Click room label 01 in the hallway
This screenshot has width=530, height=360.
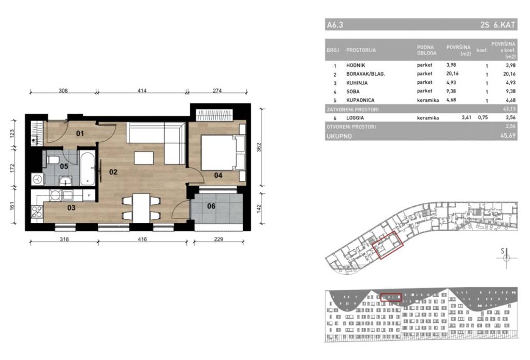click(80, 133)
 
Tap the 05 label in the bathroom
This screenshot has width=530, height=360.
click(64, 166)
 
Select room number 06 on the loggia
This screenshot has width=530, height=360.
click(211, 206)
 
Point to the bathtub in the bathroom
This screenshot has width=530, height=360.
click(87, 169)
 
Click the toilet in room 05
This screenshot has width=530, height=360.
click(53, 159)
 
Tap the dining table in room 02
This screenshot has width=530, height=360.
click(141, 208)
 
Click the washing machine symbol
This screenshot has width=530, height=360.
click(37, 179)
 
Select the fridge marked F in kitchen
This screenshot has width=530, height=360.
click(89, 195)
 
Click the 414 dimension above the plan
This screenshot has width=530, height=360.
click(142, 91)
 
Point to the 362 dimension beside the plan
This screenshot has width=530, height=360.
click(259, 147)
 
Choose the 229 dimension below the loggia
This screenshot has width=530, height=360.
click(219, 239)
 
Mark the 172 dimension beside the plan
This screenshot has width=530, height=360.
click(13, 168)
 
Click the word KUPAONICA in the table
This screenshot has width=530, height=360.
click(360, 100)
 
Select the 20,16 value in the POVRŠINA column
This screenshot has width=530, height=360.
click(452, 73)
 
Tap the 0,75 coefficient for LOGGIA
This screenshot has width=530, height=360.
click(482, 117)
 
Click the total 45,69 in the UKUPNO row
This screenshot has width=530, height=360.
click(508, 136)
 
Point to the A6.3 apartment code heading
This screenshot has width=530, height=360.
click(335, 25)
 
